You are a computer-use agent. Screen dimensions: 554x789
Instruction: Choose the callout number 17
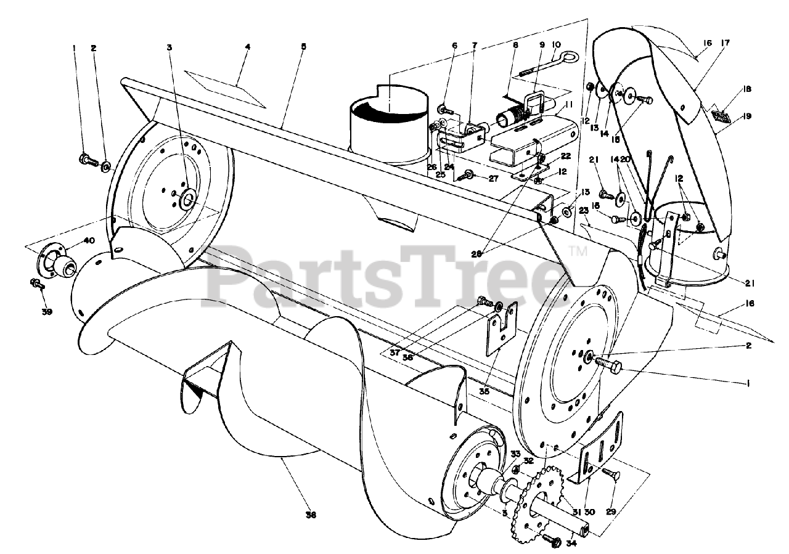(725, 43)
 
